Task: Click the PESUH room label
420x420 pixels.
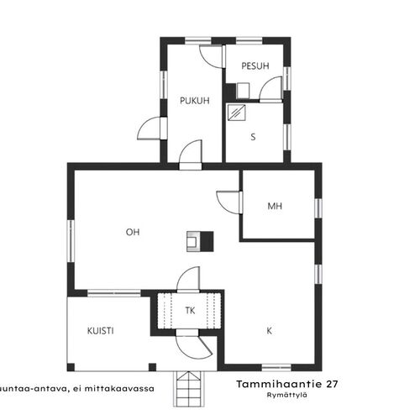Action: coord(255,66)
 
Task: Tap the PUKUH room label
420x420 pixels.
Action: coord(195,101)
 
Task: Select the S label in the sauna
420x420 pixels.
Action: coord(253,137)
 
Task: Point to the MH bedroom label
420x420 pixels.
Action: coord(275,207)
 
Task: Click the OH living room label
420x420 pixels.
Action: coord(133,232)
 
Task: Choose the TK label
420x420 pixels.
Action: coord(190,311)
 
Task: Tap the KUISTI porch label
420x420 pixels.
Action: coord(101,331)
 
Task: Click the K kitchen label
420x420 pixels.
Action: coord(270,331)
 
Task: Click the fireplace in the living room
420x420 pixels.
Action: coord(200,241)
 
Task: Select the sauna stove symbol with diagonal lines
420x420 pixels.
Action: coord(237,113)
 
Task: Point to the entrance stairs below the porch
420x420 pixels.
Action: coord(188,389)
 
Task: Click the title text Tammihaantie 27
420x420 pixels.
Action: coord(287,384)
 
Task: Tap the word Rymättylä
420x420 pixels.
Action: coord(287,396)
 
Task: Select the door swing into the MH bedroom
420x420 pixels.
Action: coord(229,202)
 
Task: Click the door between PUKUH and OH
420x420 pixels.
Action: coord(191,155)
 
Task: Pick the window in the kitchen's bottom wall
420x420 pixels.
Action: coord(276,367)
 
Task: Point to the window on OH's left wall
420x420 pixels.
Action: coord(71,241)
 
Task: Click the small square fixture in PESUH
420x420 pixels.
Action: coord(243,91)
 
